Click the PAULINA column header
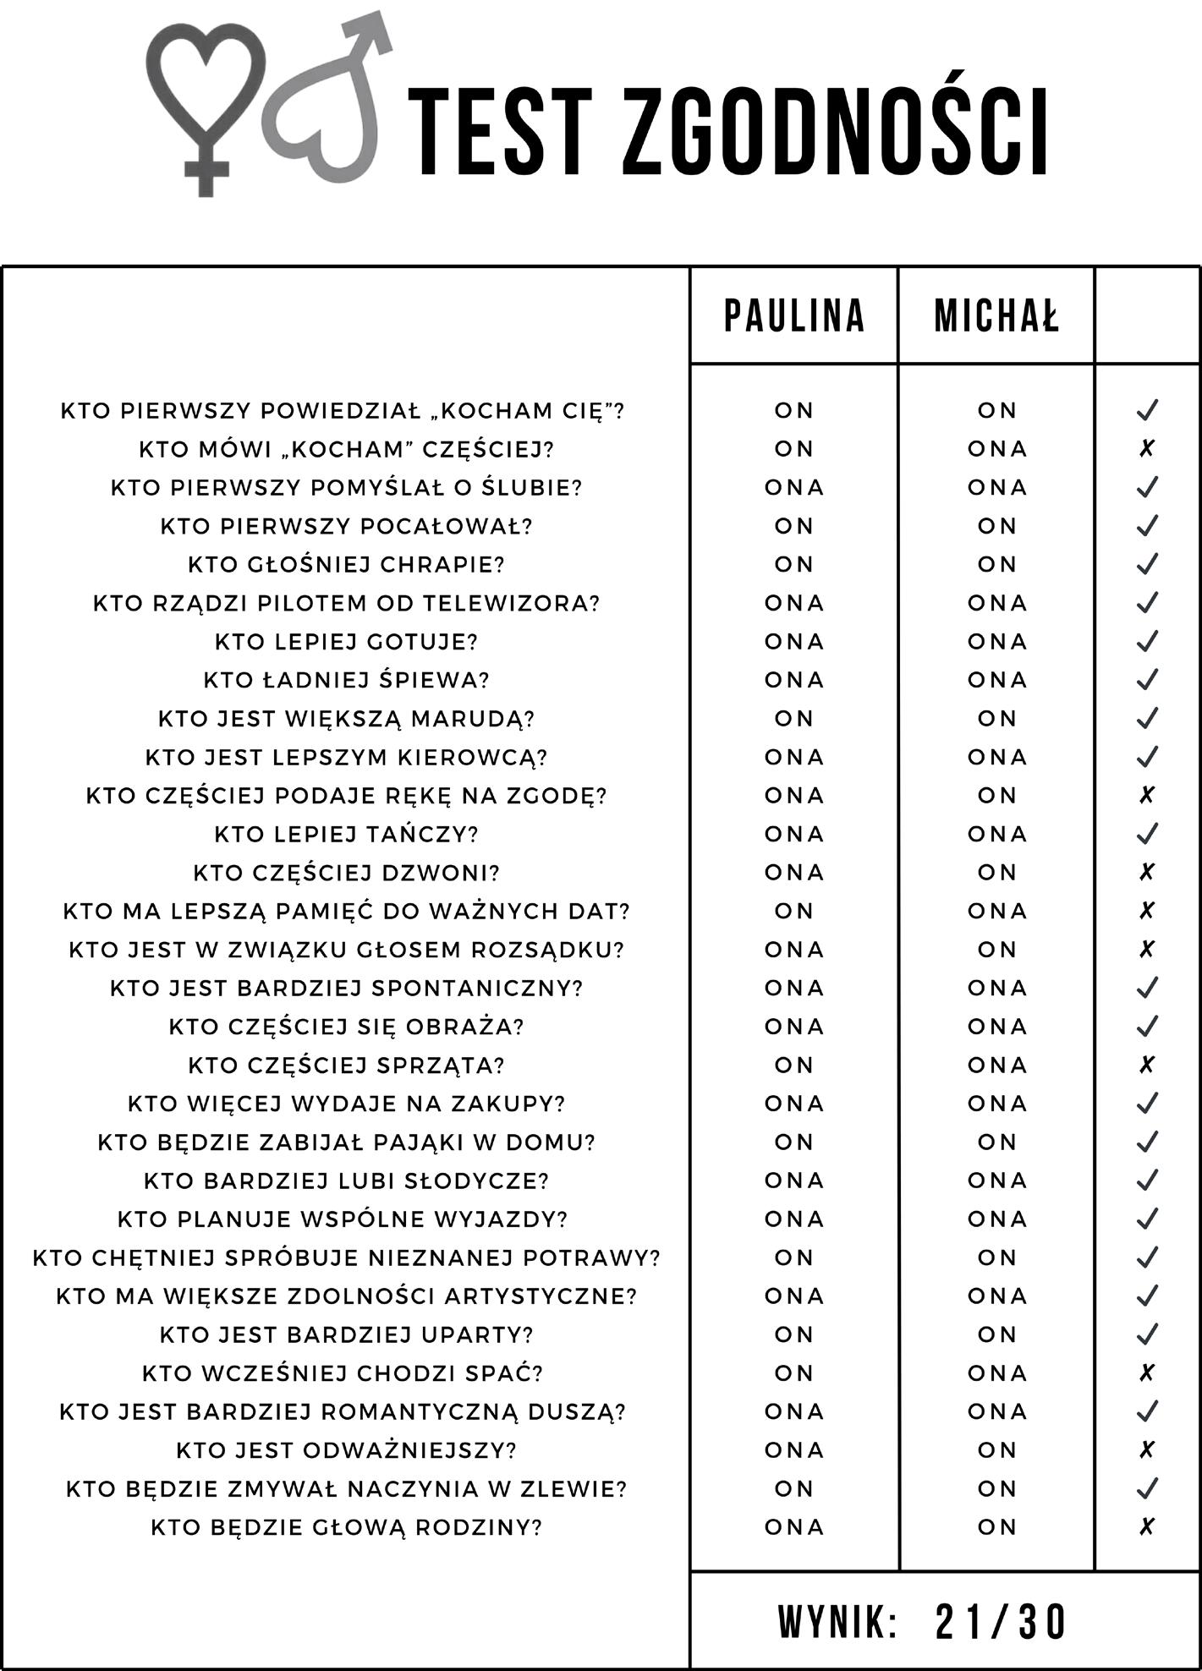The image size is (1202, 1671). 793,316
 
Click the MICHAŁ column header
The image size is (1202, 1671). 996,316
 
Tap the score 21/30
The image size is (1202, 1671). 1001,1622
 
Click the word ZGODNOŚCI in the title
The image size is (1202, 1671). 837,131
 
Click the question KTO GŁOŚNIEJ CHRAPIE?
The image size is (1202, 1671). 346,564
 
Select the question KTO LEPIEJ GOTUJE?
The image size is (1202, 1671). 346,642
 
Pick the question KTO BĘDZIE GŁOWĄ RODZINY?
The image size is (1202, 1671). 346,1527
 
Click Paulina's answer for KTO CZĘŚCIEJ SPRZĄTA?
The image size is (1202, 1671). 793,1065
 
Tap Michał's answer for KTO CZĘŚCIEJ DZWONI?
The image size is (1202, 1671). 996,873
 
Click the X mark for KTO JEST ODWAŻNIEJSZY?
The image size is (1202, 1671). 1146,1450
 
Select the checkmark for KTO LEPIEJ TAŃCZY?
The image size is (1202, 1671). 1146,834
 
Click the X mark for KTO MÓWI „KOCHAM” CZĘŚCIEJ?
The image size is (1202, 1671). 1146,448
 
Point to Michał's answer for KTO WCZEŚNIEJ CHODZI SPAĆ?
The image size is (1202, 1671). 996,1373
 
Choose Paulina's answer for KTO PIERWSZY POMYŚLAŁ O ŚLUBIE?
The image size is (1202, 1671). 793,488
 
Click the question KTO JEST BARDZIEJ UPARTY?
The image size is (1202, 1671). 346,1334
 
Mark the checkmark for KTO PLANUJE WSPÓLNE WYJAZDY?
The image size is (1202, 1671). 1146,1219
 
